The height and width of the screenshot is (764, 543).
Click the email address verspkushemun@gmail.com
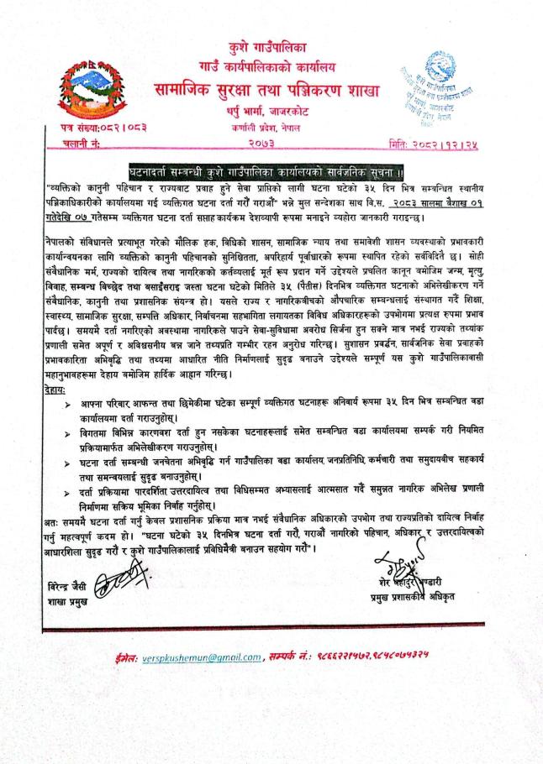point(207,656)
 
